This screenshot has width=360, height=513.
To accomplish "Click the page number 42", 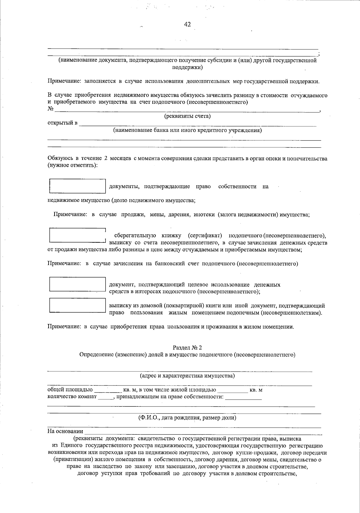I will coord(187,25).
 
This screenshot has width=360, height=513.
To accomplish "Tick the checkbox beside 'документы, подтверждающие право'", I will coord(77,186).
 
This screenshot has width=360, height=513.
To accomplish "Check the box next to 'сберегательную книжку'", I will coord(77,236).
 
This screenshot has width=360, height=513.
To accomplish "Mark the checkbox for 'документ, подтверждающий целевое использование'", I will coord(77,284).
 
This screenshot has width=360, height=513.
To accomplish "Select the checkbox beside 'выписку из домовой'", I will coord(77,305).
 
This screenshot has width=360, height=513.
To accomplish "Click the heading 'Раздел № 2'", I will coord(187,347).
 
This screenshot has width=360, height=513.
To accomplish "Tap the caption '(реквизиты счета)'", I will coord(187,116).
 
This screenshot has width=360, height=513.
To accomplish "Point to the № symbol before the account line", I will coord(51,109).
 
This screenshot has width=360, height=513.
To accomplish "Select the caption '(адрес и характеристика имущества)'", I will coord(187,376).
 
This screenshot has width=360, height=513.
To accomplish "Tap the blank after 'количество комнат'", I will coord(105,397).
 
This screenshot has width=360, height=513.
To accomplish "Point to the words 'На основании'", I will coord(65,431).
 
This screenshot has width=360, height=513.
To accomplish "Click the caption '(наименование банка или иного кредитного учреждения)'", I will coord(187,130).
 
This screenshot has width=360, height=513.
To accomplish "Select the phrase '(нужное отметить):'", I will coord(73,166).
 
